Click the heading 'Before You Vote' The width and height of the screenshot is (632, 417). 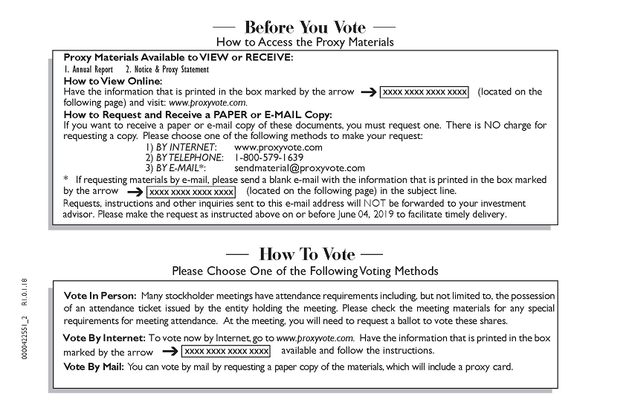point(305,28)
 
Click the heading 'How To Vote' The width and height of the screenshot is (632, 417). point(304,254)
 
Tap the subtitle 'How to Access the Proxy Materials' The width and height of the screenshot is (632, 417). point(305,42)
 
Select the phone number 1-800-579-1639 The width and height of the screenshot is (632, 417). point(268,158)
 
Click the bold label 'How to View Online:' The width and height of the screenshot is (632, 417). point(112,80)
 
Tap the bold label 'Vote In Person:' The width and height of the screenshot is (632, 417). point(100,296)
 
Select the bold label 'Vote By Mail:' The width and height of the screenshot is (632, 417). point(94,366)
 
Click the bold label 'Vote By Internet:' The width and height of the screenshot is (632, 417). point(104,337)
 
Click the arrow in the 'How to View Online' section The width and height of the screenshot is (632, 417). point(369,92)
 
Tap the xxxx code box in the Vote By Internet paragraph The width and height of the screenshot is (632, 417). point(226,351)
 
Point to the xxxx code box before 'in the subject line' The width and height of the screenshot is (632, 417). point(191,192)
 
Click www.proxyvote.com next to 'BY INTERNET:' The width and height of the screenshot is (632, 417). point(278,147)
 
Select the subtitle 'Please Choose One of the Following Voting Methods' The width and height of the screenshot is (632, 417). point(305,271)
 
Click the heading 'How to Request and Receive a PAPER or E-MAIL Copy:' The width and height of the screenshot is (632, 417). point(198,114)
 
